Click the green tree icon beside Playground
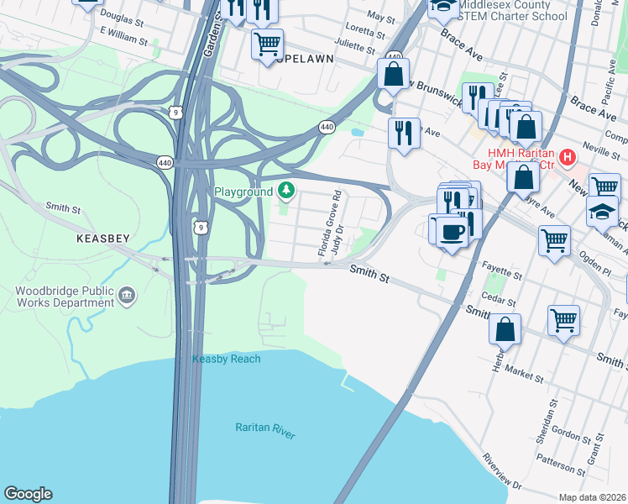coord(287,191)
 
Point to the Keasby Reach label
coord(226,359)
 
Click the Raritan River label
coord(265,428)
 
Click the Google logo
coord(28,494)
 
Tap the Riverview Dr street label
coord(502,474)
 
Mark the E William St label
coord(123,34)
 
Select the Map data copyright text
coord(593,497)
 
